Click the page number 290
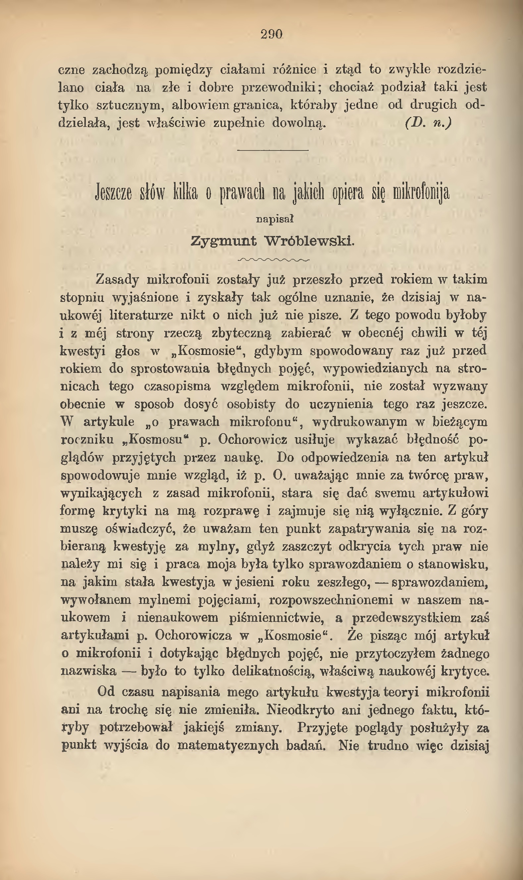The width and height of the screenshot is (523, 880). point(272,34)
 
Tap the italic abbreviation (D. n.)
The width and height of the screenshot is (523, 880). point(428,123)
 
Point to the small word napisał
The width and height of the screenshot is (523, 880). point(275,219)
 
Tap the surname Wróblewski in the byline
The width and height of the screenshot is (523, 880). point(309,241)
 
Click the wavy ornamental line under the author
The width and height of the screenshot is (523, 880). point(274,260)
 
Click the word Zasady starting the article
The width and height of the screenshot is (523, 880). point(117,280)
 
